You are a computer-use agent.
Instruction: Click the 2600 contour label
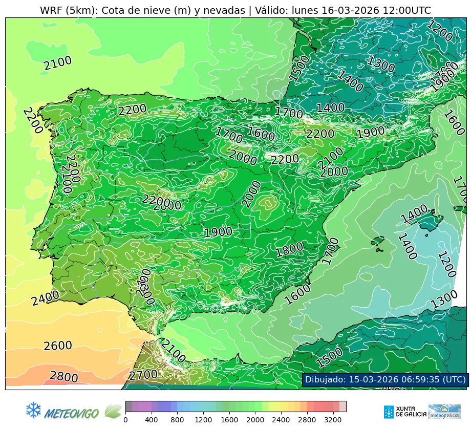tap(58, 346)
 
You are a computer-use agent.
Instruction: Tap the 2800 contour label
tap(64, 377)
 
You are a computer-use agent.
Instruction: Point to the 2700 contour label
tap(143, 375)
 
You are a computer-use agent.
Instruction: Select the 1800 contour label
tap(289, 250)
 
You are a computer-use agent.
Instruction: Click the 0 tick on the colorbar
tap(125, 420)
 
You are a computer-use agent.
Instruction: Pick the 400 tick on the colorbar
tap(152, 420)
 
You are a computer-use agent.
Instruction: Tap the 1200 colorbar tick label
tap(203, 420)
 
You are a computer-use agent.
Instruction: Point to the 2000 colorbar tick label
tap(255, 420)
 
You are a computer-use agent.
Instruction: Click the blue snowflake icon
tap(33, 410)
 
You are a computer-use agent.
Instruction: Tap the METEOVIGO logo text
tap(72, 412)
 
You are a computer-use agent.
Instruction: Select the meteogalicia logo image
tap(444, 412)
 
